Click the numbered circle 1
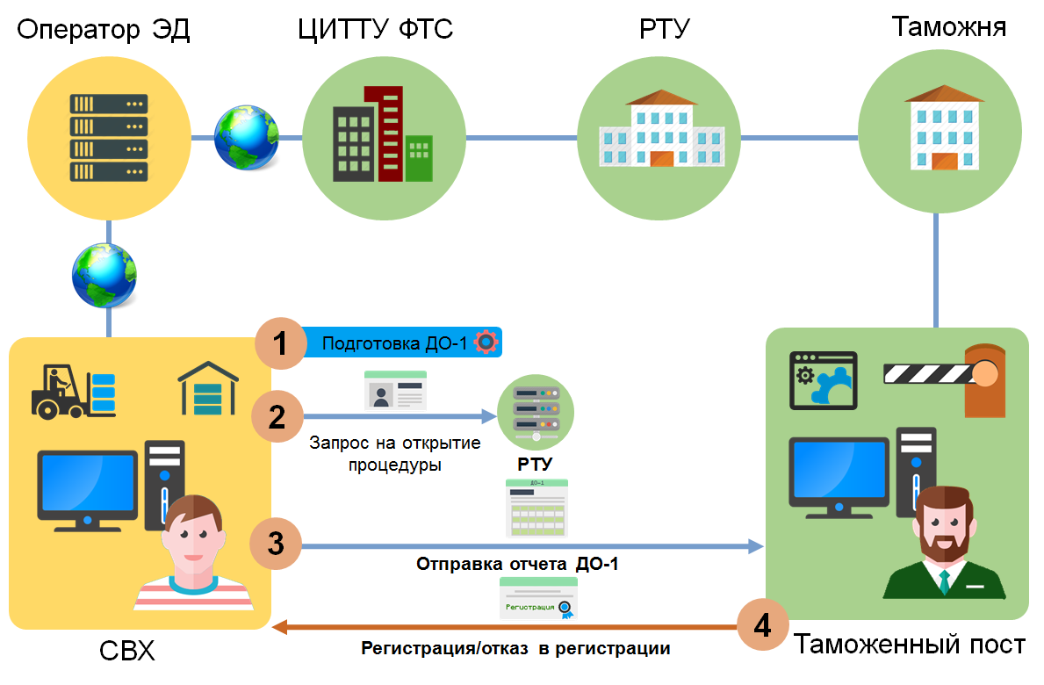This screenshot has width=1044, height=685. click(x=280, y=343)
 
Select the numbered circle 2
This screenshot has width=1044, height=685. click(x=277, y=417)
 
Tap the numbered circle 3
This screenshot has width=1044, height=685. click(x=276, y=544)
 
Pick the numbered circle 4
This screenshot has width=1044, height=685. click(x=763, y=625)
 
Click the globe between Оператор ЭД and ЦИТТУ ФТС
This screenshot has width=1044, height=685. click(x=247, y=137)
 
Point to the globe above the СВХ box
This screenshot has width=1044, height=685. click(x=104, y=276)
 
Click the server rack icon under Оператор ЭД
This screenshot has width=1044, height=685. click(x=109, y=138)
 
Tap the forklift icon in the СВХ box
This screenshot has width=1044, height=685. click(x=73, y=392)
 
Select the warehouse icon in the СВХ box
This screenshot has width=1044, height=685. click(x=208, y=389)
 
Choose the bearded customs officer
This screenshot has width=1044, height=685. click(x=944, y=544)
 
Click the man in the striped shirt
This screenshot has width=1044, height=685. click(x=194, y=552)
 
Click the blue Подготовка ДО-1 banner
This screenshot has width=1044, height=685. click(x=402, y=342)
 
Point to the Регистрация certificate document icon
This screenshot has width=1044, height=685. click(x=538, y=598)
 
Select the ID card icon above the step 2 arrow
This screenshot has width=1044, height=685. click(x=395, y=390)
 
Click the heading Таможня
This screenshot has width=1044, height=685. click(x=949, y=26)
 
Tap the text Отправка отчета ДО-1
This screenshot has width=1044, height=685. click(x=517, y=565)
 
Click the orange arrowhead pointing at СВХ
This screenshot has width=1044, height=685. click(x=279, y=626)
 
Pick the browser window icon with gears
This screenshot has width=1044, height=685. click(x=823, y=380)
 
